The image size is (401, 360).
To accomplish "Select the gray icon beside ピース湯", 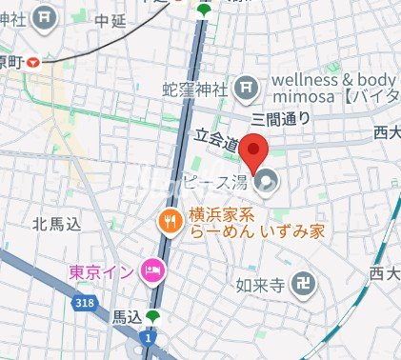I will click(x=268, y=179).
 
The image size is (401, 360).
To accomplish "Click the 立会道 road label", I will click(x=218, y=139).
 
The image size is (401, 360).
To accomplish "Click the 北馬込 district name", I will click(x=54, y=225).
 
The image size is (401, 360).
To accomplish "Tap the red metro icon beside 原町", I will click(x=35, y=62).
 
